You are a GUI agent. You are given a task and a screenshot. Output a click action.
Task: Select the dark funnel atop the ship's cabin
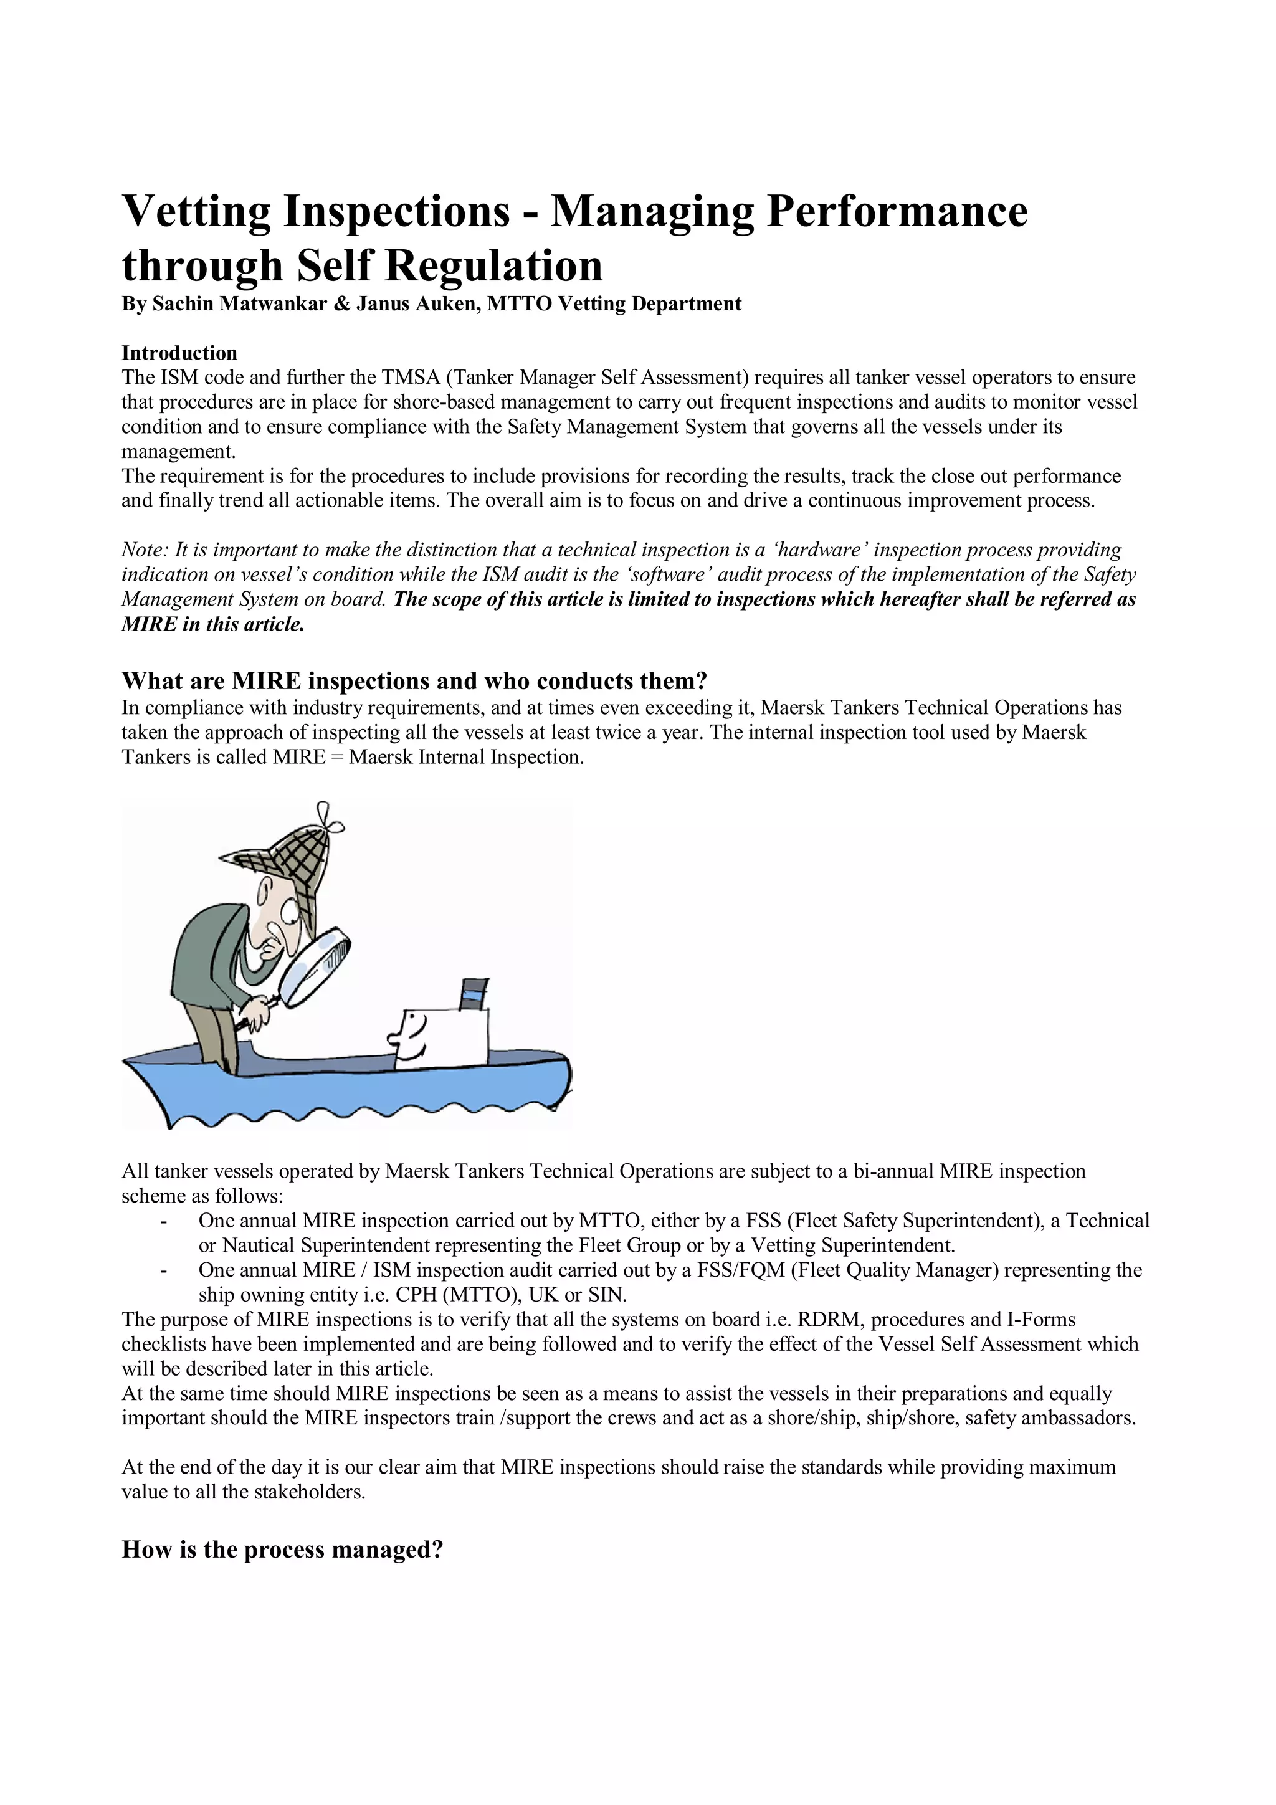tap(474, 993)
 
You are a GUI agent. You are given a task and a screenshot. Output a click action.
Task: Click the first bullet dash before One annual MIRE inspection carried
tap(163, 1221)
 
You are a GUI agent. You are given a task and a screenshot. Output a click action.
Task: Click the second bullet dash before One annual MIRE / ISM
tap(163, 1270)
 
